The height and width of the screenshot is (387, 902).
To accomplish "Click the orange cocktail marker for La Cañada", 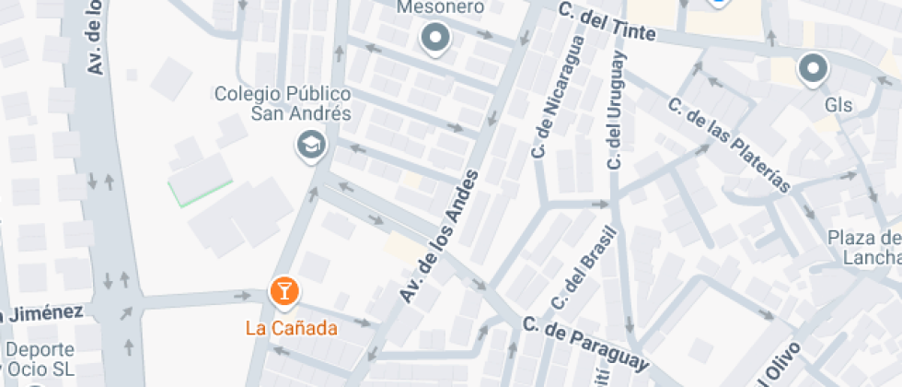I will pos(283,292).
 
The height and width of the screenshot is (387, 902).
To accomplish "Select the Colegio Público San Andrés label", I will pos(283,104).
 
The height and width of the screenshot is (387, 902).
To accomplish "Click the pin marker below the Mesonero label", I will pos(434,39).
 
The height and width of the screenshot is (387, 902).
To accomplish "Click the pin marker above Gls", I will pos(813,69).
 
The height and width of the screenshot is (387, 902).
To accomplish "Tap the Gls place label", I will pos(838,105).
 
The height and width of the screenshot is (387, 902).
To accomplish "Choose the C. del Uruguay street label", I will pos(614,111).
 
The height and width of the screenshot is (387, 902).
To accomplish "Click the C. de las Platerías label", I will pos(729,146).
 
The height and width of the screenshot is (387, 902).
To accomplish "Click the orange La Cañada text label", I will pos(291,327).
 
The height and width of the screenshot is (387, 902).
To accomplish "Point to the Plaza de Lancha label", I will pos(865,248).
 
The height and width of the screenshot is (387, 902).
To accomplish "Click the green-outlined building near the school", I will pos(197,180).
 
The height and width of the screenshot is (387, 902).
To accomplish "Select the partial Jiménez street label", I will pos(41,313).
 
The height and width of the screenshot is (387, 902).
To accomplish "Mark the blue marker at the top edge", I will pos(720,3).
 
